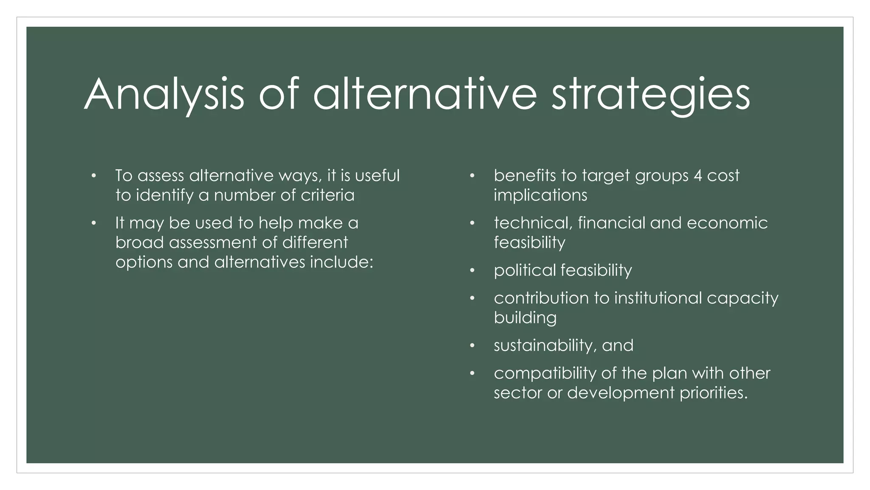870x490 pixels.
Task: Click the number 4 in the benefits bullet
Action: pyautogui.click(x=698, y=176)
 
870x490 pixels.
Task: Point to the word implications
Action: pyautogui.click(x=540, y=195)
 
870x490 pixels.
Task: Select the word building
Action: pyautogui.click(x=525, y=318)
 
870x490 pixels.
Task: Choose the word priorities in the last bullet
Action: pyautogui.click(x=713, y=393)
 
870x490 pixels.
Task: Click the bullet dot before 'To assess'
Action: pyautogui.click(x=93, y=176)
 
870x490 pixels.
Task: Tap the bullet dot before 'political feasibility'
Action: pyautogui.click(x=472, y=271)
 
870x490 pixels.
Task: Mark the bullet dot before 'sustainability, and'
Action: pyautogui.click(x=472, y=345)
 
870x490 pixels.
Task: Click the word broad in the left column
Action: pyautogui.click(x=139, y=242)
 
